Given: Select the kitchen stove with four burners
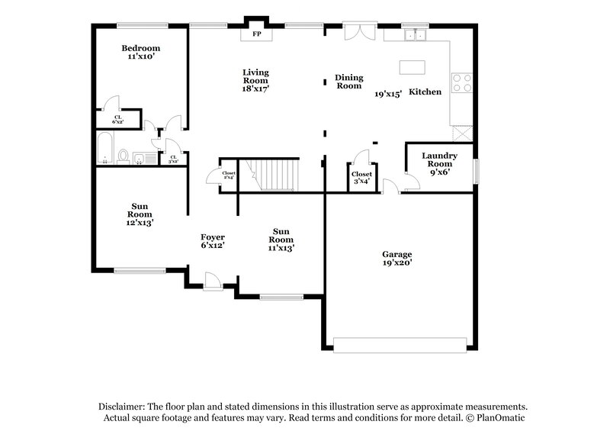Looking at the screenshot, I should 461,82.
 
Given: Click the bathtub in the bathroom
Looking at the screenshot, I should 105,149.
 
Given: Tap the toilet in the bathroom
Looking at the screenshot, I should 123,156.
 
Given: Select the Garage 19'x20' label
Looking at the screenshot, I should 396,258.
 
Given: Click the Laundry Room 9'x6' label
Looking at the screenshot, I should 439,163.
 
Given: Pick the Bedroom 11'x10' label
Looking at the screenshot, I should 141,53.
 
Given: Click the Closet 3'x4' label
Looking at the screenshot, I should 361,178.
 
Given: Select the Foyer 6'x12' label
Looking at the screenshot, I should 212,241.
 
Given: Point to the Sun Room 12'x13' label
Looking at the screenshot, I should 140,214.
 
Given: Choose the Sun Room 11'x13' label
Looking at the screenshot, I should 281,239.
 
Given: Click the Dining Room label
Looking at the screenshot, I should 349,82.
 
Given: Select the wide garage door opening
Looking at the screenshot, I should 401,346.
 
